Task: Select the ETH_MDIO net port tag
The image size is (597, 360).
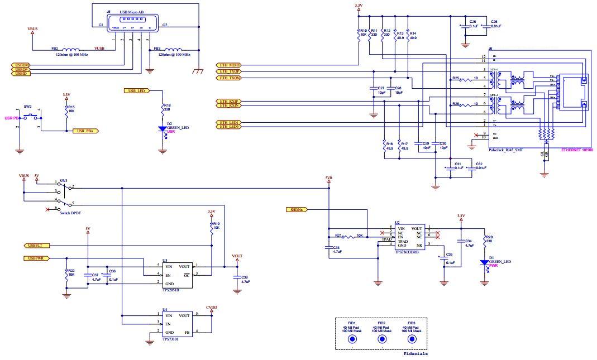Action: (x=228, y=65)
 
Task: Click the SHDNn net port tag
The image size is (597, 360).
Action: (x=296, y=209)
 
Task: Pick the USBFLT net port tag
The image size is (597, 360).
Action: (x=35, y=245)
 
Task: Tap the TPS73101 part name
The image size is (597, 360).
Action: (x=170, y=339)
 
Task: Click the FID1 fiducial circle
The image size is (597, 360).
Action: (x=352, y=339)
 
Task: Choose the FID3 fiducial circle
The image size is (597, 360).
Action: (x=412, y=339)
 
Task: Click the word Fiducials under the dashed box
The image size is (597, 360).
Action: (x=415, y=354)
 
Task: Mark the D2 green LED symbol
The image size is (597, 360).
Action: (x=163, y=129)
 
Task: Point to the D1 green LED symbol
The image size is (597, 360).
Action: (x=484, y=263)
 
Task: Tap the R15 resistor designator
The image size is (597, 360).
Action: (x=71, y=106)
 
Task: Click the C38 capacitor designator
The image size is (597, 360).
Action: (x=244, y=277)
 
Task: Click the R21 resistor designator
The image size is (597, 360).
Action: (x=338, y=236)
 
